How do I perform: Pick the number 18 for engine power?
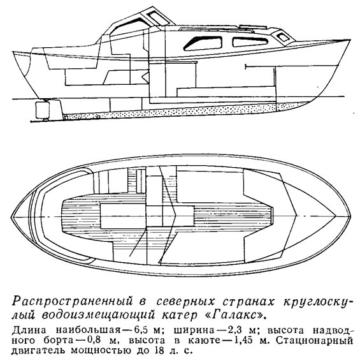[x=161, y=351]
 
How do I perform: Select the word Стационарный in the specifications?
[x=312, y=341]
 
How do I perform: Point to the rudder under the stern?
[x=43, y=109]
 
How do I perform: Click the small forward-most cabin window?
[x=282, y=37]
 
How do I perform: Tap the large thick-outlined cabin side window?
[x=203, y=43]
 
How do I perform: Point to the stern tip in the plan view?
[x=11, y=218]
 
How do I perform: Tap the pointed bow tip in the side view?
[x=350, y=40]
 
